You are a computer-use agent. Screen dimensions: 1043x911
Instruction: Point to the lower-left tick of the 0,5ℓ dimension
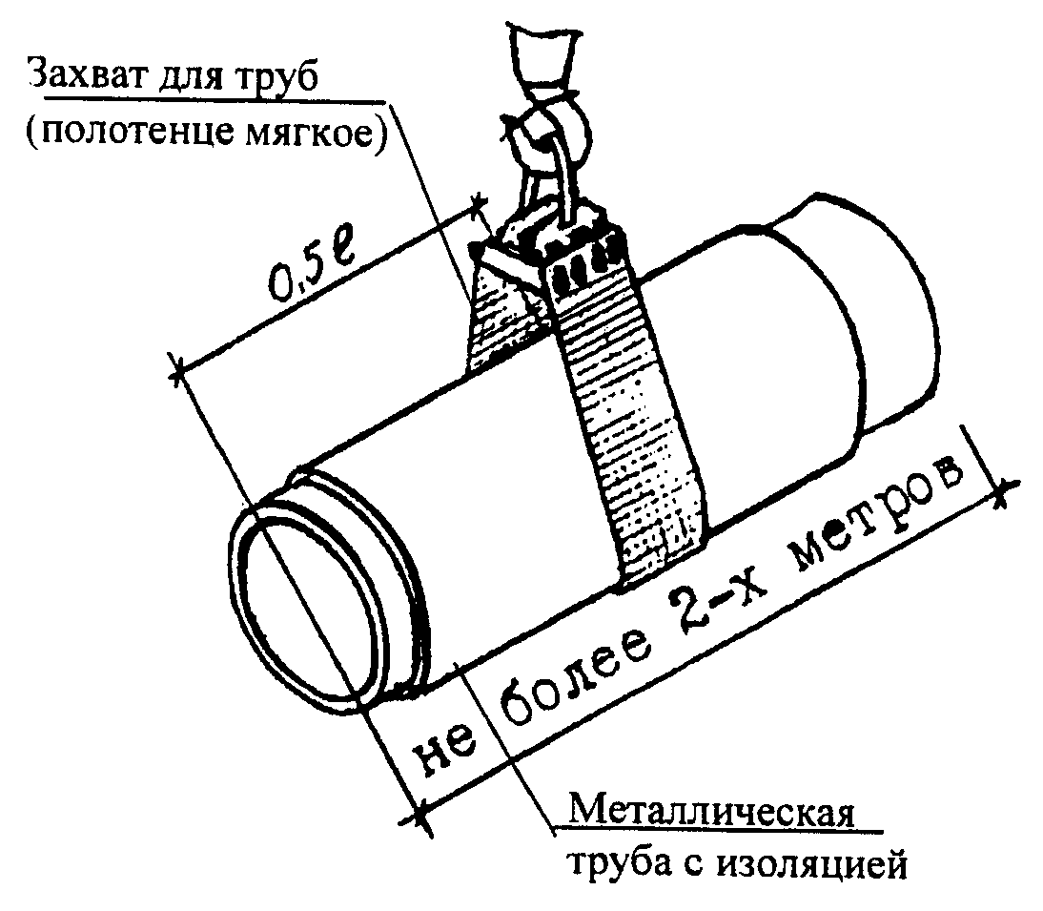click(x=177, y=370)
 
